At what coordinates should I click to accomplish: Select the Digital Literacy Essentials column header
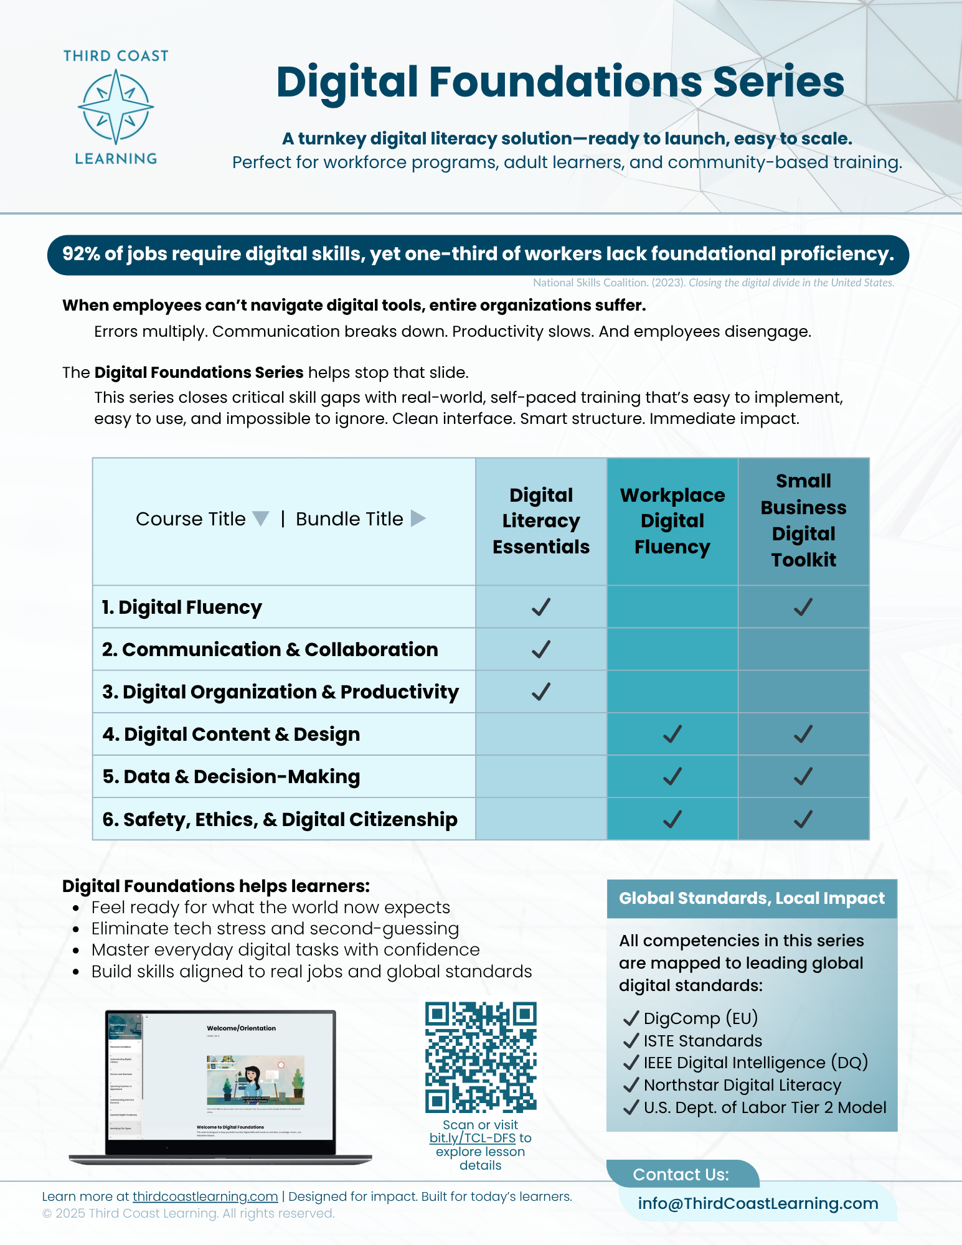pyautogui.click(x=541, y=521)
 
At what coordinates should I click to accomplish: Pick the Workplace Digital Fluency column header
pyautogui.click(x=672, y=521)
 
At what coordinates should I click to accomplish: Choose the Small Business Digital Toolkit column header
pyautogui.click(x=803, y=520)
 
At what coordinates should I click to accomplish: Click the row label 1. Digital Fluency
pyautogui.click(x=182, y=607)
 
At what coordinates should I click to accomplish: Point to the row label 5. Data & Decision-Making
pyautogui.click(x=231, y=777)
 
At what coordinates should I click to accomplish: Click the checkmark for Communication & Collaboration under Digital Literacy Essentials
pyautogui.click(x=541, y=649)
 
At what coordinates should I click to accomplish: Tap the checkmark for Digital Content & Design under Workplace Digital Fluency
pyautogui.click(x=672, y=735)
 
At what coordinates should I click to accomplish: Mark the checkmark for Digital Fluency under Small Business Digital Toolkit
pyautogui.click(x=803, y=607)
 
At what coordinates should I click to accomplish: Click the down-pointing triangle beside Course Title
pyautogui.click(x=261, y=519)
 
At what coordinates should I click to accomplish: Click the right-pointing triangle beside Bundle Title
pyautogui.click(x=418, y=519)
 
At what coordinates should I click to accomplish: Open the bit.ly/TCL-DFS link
pyautogui.click(x=473, y=1138)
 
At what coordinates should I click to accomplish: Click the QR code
pyautogui.click(x=481, y=1057)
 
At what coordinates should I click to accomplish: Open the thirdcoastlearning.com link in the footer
pyautogui.click(x=205, y=1196)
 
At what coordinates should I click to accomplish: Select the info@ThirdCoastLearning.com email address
pyautogui.click(x=758, y=1203)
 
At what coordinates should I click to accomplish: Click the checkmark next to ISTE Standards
pyautogui.click(x=631, y=1041)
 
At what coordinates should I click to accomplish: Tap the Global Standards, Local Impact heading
pyautogui.click(x=752, y=898)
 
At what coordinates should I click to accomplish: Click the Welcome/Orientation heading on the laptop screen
pyautogui.click(x=241, y=1028)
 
